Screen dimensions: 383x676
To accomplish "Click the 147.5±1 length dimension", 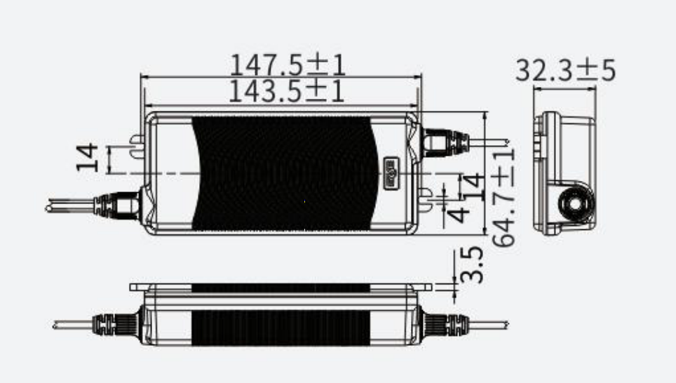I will coord(288,65).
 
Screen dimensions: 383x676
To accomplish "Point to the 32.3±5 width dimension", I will coord(565,70).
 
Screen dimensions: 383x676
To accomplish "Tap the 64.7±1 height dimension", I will coord(503,196).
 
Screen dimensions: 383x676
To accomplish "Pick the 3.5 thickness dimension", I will coord(475,264).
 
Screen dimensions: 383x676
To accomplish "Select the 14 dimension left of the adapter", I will coord(86,157).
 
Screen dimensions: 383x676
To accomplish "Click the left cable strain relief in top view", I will coord(118,205).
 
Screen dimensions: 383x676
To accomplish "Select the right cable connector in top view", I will coord(445,142).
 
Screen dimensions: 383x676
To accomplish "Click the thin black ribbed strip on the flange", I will coord(280,288).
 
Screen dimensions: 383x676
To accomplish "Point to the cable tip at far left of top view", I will coord(49,207).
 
